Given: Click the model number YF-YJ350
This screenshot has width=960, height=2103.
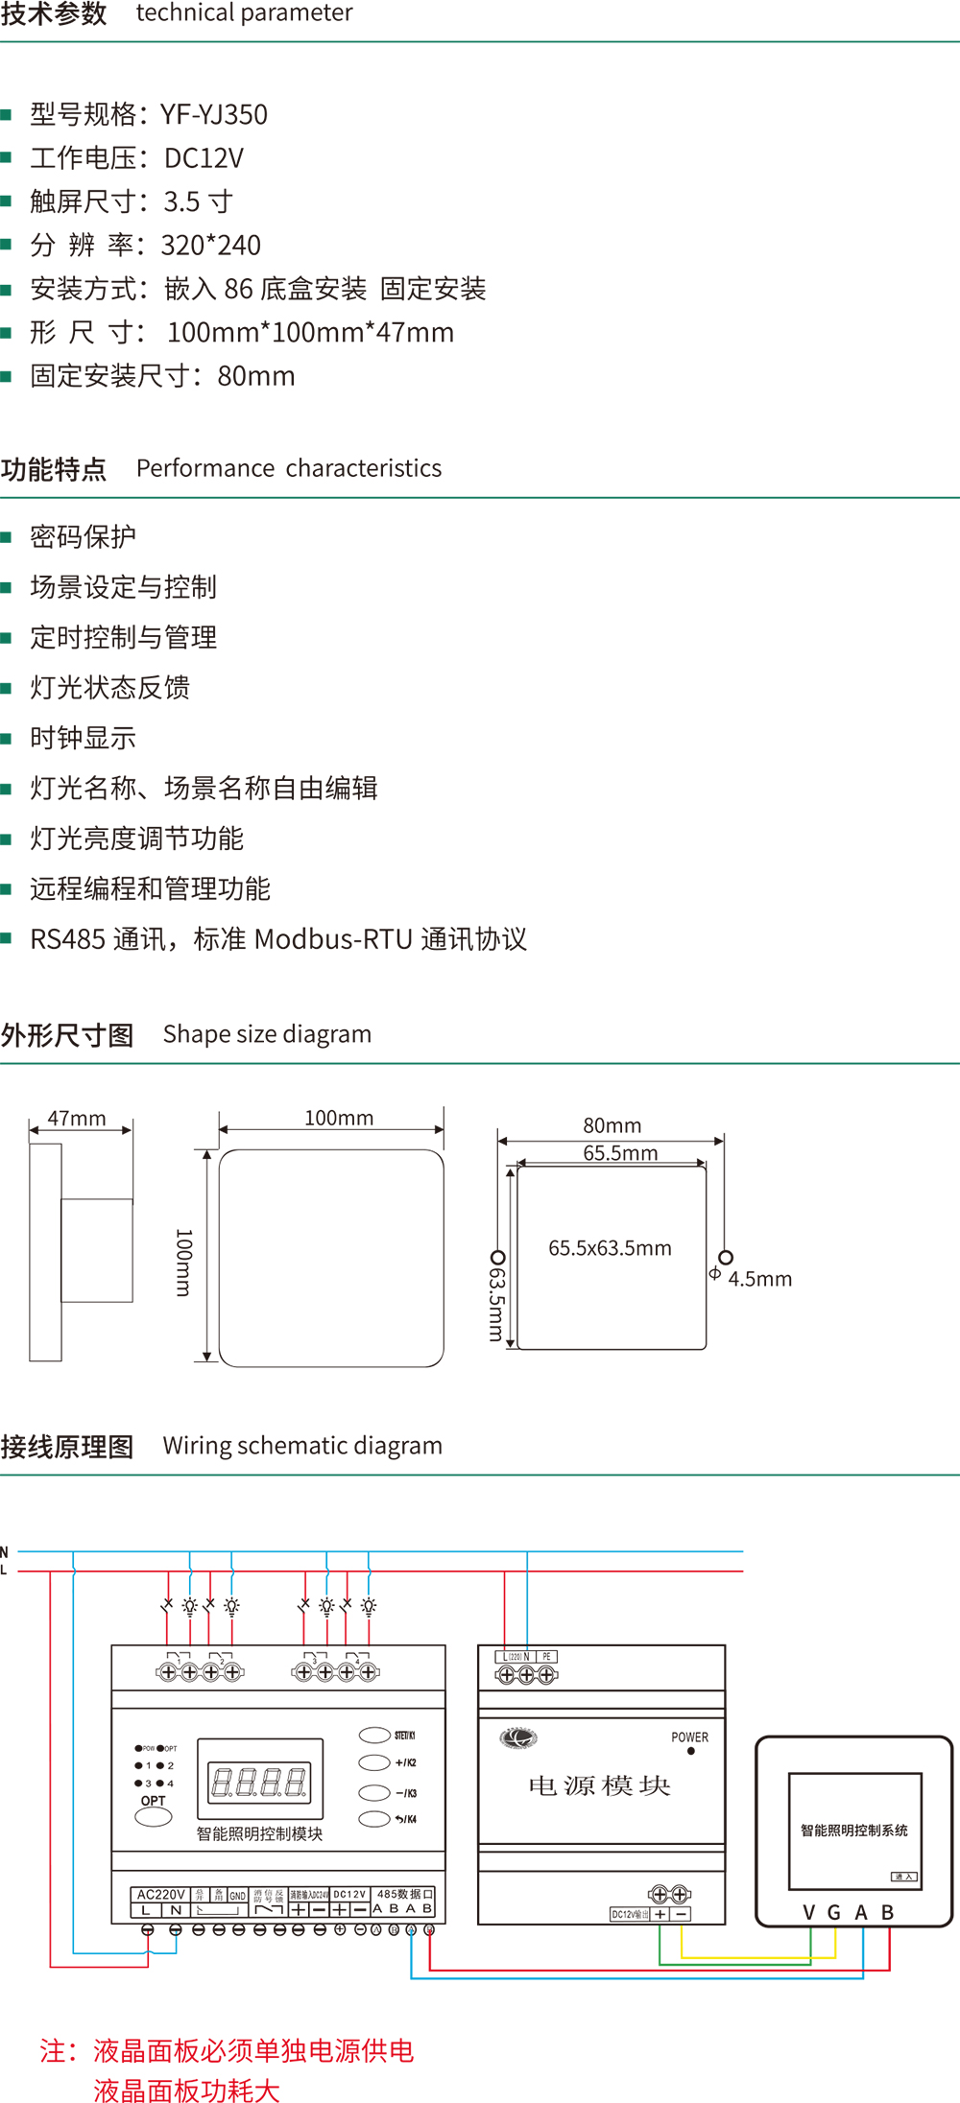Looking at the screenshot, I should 214,115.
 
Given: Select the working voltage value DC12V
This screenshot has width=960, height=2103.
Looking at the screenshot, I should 204,158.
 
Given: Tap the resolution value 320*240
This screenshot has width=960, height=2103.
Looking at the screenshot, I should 211,246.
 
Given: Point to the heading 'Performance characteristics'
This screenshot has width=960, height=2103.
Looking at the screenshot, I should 289,468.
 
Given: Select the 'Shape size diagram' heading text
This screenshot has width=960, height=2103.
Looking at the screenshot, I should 267,1034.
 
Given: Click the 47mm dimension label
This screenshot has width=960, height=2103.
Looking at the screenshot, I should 77,1119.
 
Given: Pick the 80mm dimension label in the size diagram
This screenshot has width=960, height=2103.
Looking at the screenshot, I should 612,1125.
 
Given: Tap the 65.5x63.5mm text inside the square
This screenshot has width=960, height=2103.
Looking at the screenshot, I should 610,1248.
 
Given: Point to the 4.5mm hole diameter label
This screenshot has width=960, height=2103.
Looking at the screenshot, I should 759,1279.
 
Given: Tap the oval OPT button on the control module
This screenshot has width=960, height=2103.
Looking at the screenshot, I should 154,1817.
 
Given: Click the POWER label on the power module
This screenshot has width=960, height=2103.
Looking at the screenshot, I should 689,1737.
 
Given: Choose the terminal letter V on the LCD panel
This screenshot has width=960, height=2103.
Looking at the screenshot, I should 809,1913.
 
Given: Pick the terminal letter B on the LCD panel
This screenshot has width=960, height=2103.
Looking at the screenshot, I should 888,1913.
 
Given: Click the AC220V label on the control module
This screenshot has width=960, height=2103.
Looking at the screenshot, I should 160,1895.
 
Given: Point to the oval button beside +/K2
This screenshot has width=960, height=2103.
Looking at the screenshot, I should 373,1762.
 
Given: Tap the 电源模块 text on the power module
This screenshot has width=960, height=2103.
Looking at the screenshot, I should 599,1785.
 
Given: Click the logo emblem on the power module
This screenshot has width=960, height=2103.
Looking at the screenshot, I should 518,1737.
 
